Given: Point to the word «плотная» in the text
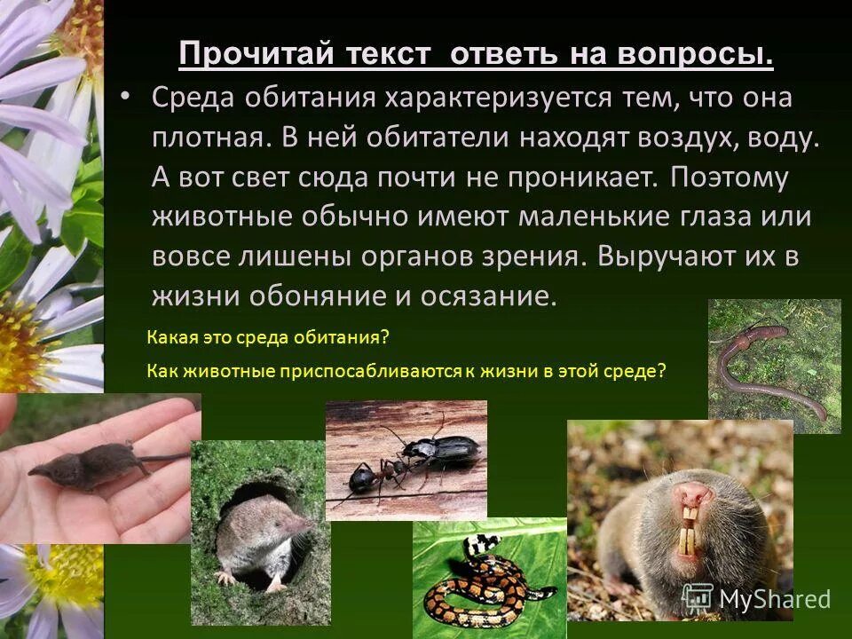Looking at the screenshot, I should (x=206, y=138).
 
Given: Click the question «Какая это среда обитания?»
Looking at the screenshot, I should (x=268, y=338).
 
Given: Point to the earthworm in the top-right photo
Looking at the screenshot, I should (x=763, y=359).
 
